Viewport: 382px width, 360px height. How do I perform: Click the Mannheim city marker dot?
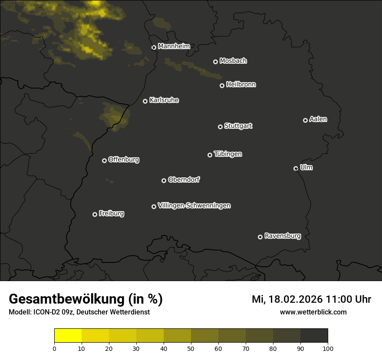point(154,48)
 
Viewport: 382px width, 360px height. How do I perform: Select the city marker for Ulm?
point(296,168)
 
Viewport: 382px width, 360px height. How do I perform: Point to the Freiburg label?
point(111,213)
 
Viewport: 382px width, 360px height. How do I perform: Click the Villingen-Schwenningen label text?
point(194,206)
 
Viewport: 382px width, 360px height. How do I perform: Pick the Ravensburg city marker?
point(260,237)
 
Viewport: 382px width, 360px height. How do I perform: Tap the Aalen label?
point(318,119)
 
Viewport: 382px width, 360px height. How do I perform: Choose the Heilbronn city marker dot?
point(222,85)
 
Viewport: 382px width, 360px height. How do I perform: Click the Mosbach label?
point(233,61)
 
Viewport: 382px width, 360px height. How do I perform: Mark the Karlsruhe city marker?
point(145,101)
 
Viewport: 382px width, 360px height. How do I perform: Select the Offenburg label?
point(124,160)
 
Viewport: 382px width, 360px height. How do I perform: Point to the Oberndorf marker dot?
point(164,180)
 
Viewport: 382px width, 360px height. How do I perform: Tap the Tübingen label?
point(228,154)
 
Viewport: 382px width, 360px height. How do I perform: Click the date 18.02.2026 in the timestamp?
point(295,299)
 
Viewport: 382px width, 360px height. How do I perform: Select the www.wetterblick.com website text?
point(313,312)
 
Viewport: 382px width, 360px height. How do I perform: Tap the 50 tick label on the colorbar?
point(191,348)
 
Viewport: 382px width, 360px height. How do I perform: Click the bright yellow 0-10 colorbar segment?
point(68,336)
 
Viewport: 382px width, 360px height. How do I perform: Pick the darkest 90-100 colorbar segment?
point(314,336)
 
